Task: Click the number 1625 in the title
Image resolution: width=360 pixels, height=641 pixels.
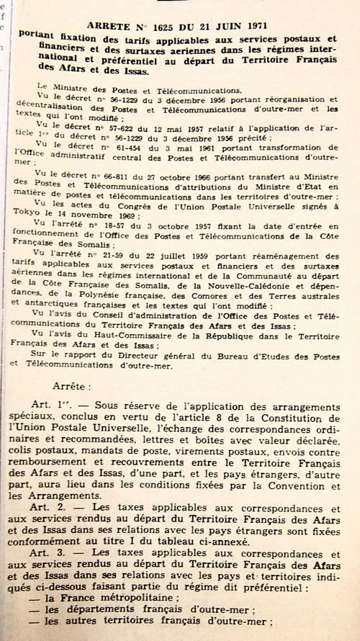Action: [167, 27]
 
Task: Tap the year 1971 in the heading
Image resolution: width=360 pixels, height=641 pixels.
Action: [253, 27]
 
